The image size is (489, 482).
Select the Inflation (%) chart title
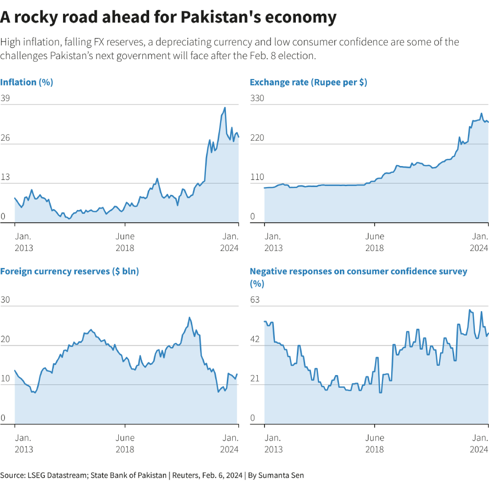[x=26, y=83]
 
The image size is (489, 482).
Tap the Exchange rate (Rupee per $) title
[x=308, y=83]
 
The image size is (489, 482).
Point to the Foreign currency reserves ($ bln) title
[x=69, y=272]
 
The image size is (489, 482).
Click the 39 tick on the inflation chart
[x=5, y=98]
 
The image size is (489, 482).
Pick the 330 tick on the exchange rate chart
[x=257, y=98]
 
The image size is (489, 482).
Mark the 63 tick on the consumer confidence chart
[x=255, y=299]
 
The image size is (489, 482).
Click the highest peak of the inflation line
[x=225, y=107]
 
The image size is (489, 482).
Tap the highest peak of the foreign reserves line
[x=189, y=317]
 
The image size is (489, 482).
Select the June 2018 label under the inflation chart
[x=125, y=242]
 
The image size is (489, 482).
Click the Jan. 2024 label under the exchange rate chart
[x=479, y=242]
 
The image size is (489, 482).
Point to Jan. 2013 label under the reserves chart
[x=23, y=443]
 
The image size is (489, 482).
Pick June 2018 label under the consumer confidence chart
[x=375, y=443]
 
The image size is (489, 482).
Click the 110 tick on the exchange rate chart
[x=257, y=177]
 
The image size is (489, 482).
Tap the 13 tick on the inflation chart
[x=5, y=177]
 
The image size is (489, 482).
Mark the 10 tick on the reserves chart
[x=5, y=378]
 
